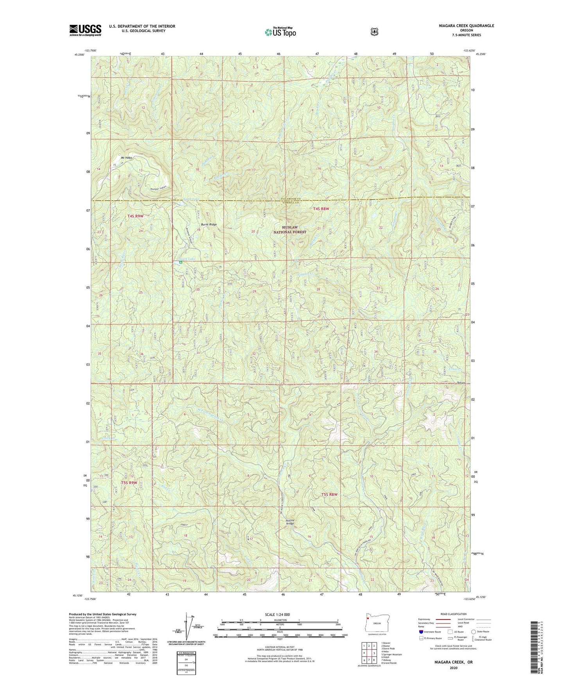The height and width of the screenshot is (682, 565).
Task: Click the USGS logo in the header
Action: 85,30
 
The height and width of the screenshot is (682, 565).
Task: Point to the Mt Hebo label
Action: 126,158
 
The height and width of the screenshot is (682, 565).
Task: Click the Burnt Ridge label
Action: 208,225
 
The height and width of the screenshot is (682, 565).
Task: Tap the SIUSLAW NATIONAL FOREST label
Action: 291,230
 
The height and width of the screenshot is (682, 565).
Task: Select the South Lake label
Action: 186,259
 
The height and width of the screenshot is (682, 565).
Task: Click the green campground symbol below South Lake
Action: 181,263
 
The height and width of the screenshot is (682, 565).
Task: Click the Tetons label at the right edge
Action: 462,383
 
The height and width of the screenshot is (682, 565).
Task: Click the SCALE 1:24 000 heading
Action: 277,615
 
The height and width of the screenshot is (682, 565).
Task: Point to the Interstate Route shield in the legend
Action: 421,631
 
